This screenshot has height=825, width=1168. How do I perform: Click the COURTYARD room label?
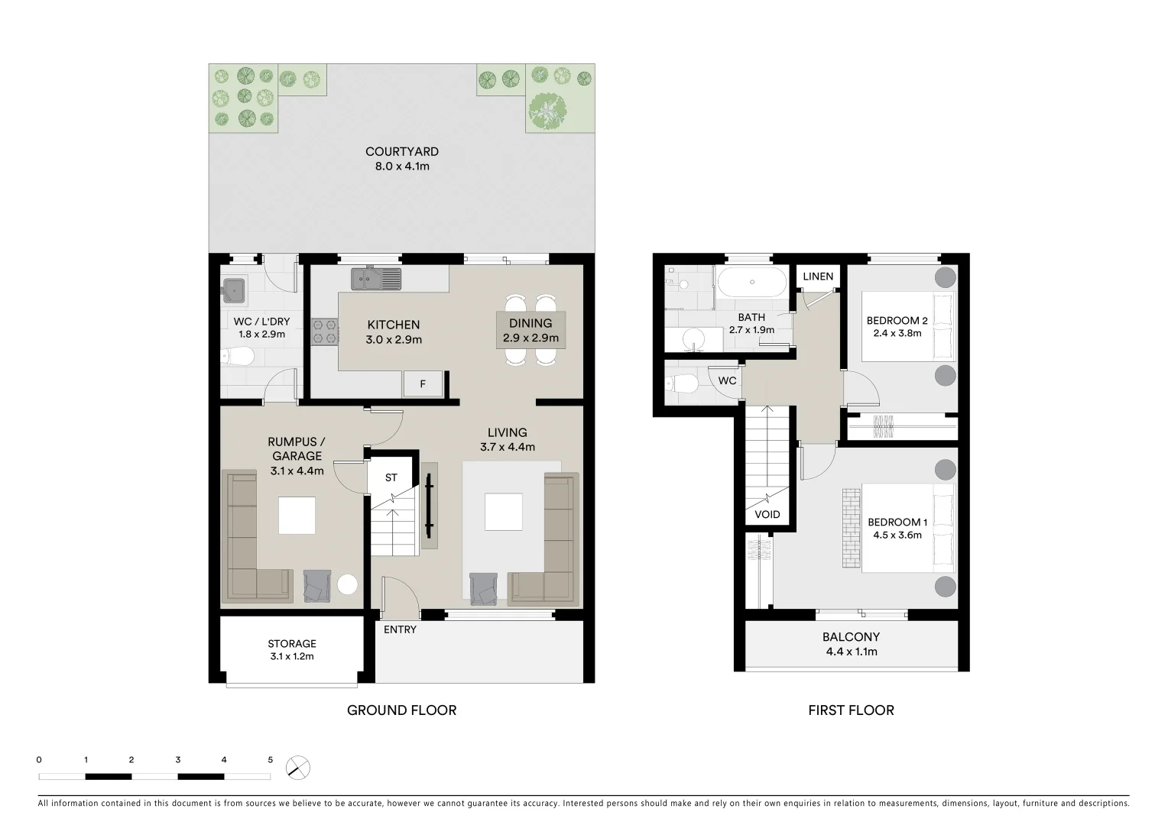point(401,151)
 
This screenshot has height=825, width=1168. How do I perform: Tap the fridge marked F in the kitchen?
point(423,384)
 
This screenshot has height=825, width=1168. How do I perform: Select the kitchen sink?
point(375,279)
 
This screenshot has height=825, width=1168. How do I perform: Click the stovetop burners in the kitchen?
point(325,331)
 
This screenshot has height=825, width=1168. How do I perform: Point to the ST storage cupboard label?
point(391,477)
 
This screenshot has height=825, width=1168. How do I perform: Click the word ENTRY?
point(400,629)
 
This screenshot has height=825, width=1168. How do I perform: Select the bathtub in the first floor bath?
point(750,282)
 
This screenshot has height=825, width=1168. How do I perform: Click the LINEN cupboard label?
point(818,276)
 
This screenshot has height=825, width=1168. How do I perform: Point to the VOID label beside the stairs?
point(767,514)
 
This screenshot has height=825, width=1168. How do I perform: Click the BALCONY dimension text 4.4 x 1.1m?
point(851,652)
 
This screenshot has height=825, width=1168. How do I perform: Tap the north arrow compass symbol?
point(298,767)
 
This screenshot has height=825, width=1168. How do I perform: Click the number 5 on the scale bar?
point(270,760)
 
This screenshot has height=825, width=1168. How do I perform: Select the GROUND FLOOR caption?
point(401,710)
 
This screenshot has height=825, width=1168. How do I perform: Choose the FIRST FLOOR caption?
point(851,710)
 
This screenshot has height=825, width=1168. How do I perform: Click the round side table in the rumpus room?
point(347,584)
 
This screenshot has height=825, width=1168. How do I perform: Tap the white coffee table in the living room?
point(504,512)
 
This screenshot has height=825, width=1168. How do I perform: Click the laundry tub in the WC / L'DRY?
point(233,290)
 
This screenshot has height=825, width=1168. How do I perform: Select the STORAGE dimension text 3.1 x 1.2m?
point(292,656)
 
